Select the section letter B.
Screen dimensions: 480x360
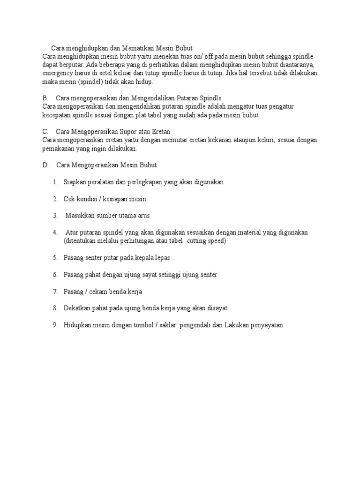click(45, 98)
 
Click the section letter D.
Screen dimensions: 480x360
click(45, 165)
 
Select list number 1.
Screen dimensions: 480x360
click(55, 182)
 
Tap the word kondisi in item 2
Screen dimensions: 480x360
click(87, 199)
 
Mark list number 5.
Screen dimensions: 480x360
click(55, 258)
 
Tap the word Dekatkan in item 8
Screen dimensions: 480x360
click(77, 308)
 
